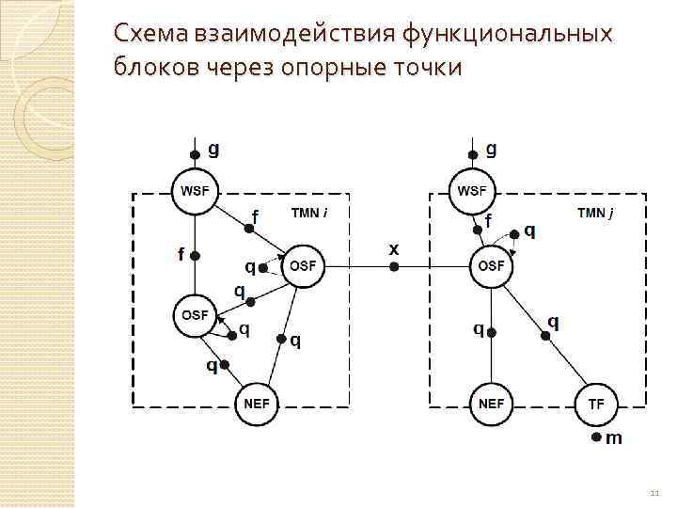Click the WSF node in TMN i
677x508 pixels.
click(x=195, y=191)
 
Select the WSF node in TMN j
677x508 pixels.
click(x=473, y=191)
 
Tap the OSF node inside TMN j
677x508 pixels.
click(x=491, y=267)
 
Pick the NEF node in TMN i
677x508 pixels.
click(x=256, y=404)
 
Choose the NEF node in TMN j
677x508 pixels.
click(x=491, y=404)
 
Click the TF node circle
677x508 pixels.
click(x=596, y=404)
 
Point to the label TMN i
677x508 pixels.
click(x=310, y=214)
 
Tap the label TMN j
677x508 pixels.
click(x=595, y=214)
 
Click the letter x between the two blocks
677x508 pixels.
click(x=394, y=248)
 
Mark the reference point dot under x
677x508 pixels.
click(x=395, y=267)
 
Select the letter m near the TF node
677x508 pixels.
click(x=614, y=438)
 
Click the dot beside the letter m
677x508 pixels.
click(x=596, y=438)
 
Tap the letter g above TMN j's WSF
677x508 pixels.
click(x=492, y=149)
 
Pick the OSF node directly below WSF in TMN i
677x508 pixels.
click(x=195, y=315)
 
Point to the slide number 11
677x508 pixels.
click(x=654, y=492)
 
